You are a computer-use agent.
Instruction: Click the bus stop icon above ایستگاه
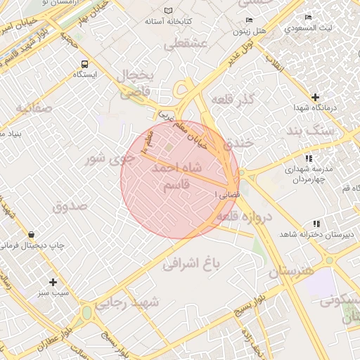84,63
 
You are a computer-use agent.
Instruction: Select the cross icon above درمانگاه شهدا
315,97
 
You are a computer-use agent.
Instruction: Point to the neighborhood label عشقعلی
184,46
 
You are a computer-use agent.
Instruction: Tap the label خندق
238,144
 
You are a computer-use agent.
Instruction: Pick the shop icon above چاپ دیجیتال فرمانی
32,234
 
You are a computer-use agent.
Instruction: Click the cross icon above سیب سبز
53,281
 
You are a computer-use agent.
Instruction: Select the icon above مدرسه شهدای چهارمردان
309,159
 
